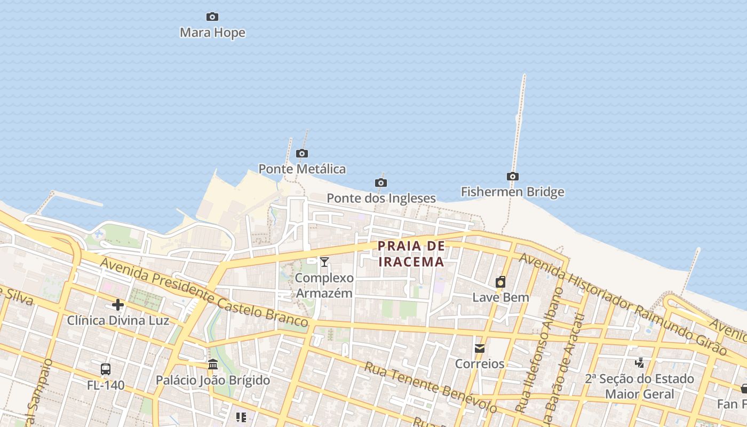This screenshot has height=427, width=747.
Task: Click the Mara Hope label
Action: pyautogui.click(x=212, y=33)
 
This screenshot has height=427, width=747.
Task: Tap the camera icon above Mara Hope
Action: pyautogui.click(x=212, y=17)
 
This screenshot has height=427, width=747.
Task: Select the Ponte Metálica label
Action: pyautogui.click(x=302, y=169)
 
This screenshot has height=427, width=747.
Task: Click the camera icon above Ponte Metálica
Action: pyautogui.click(x=302, y=154)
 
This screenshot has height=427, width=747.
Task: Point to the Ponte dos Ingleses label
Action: pyautogui.click(x=381, y=199)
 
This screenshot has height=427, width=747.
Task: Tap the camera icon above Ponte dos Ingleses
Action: pyautogui.click(x=381, y=183)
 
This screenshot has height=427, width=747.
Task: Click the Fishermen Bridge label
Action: pyautogui.click(x=512, y=192)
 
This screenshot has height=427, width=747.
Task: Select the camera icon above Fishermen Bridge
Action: pyautogui.click(x=513, y=177)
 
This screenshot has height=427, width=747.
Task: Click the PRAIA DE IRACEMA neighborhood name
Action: pyautogui.click(x=411, y=254)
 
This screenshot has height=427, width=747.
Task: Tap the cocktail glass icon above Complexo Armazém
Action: pyautogui.click(x=324, y=262)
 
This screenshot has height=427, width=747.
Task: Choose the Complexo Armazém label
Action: pyautogui.click(x=324, y=286)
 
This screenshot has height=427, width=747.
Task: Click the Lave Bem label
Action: pyautogui.click(x=500, y=298)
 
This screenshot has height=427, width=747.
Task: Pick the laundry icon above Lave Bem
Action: pyautogui.click(x=500, y=282)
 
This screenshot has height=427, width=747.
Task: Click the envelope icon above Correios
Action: pyautogui.click(x=480, y=349)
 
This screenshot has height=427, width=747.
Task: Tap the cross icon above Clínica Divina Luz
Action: pyautogui.click(x=118, y=305)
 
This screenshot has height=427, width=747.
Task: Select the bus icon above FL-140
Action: pyautogui.click(x=106, y=369)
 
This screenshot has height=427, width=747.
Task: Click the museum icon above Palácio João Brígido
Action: pyautogui.click(x=213, y=365)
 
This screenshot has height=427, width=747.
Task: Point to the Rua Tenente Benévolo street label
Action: pyautogui.click(x=431, y=388)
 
